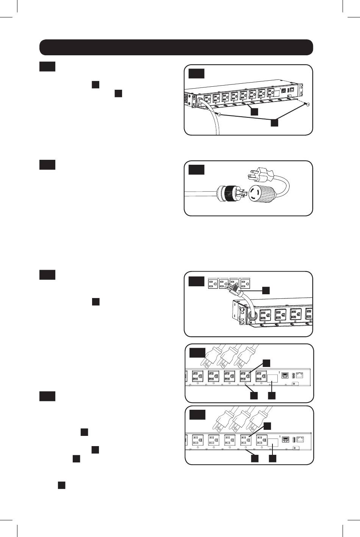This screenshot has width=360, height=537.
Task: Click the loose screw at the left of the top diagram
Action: pyautogui.click(x=219, y=114)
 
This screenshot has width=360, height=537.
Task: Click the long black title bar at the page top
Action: pyautogui.click(x=176, y=47)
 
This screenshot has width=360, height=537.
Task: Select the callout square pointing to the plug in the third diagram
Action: pyautogui.click(x=267, y=290)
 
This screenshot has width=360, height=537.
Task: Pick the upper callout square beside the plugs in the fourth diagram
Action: pyautogui.click(x=267, y=363)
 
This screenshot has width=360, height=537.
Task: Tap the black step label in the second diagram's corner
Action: pyautogui.click(x=196, y=170)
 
